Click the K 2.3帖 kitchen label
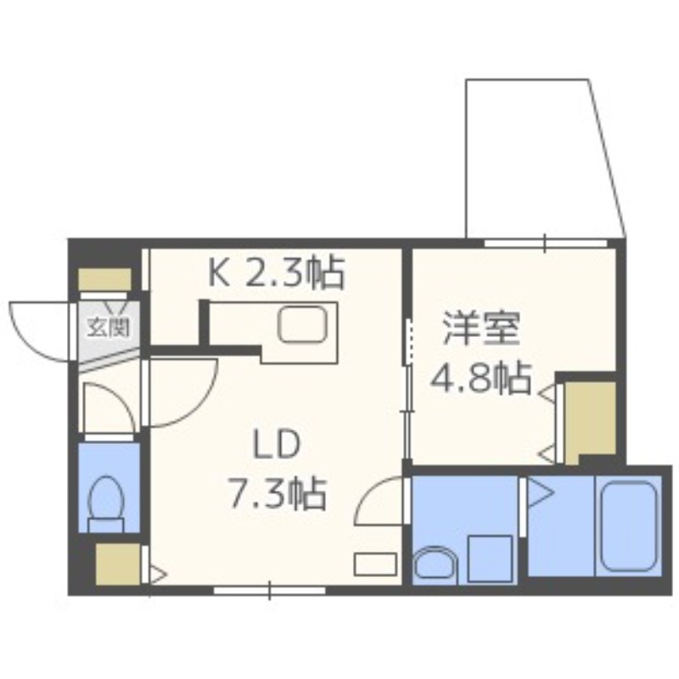277,272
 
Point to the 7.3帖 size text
276,492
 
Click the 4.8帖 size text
481,378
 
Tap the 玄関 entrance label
108,326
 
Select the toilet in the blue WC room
107,501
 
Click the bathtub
628,526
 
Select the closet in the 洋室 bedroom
588,418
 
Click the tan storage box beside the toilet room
117,564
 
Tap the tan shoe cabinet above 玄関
105,279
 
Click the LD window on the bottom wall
269,589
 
